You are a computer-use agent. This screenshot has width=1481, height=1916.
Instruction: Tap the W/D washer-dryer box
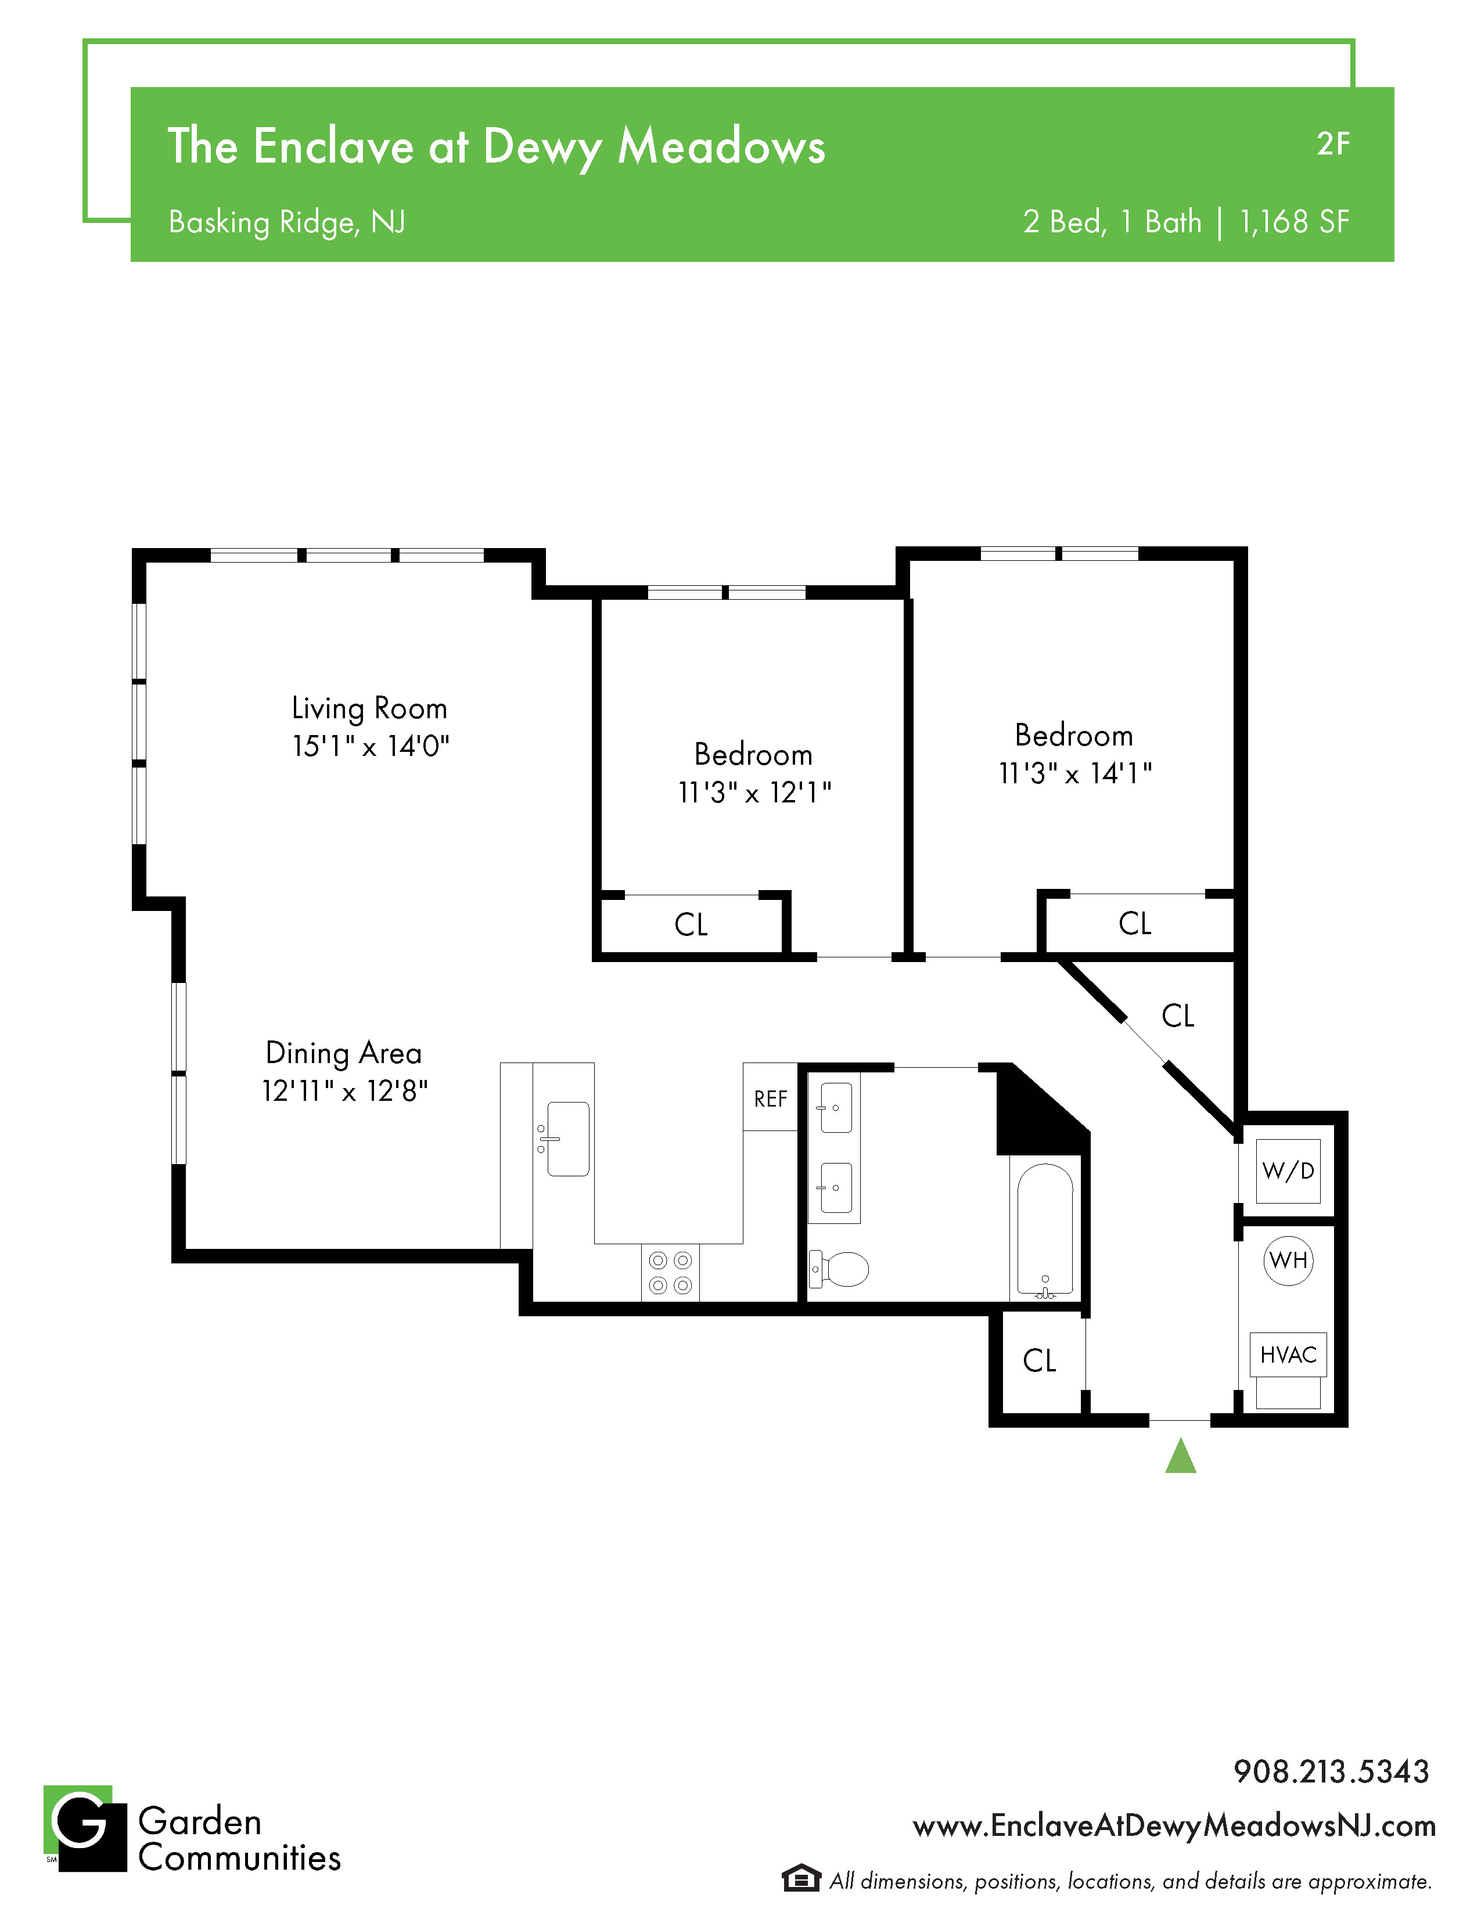pos(1288,1171)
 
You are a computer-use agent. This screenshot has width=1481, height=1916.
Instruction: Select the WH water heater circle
pos(1288,1260)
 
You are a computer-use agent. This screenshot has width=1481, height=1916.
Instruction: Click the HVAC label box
pos(1288,1355)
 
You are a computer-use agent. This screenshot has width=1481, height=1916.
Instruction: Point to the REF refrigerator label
pos(770,1099)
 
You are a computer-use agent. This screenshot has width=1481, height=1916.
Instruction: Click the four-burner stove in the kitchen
pos(670,1273)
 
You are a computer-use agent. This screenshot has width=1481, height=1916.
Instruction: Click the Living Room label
pos(369,708)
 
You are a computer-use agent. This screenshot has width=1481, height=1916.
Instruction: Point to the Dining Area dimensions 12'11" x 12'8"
pos(345,1090)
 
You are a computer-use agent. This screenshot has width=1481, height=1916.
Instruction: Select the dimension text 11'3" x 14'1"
pos(1075,773)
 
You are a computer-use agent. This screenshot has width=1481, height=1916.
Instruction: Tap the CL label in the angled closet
pos(1177,1016)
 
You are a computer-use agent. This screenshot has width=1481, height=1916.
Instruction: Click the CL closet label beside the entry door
pos(1039,1361)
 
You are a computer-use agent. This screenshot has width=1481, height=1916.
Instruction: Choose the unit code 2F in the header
pos(1333,144)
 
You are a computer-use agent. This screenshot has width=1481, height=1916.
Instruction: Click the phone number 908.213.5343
pos(1331,1771)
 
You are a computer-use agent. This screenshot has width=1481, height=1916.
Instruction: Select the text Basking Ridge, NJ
pos(287,223)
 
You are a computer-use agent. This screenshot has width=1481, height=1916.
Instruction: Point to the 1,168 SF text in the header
pos(1294,222)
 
